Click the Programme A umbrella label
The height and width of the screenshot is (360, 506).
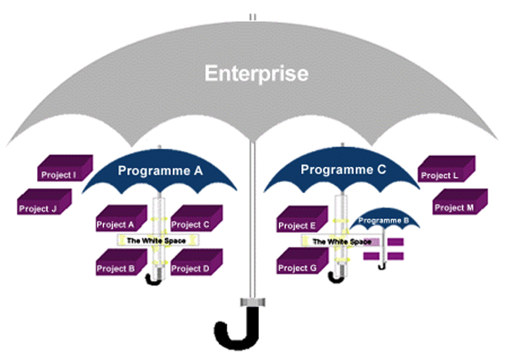160,170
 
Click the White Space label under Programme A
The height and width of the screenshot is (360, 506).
157,240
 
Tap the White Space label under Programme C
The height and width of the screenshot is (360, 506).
342,242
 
